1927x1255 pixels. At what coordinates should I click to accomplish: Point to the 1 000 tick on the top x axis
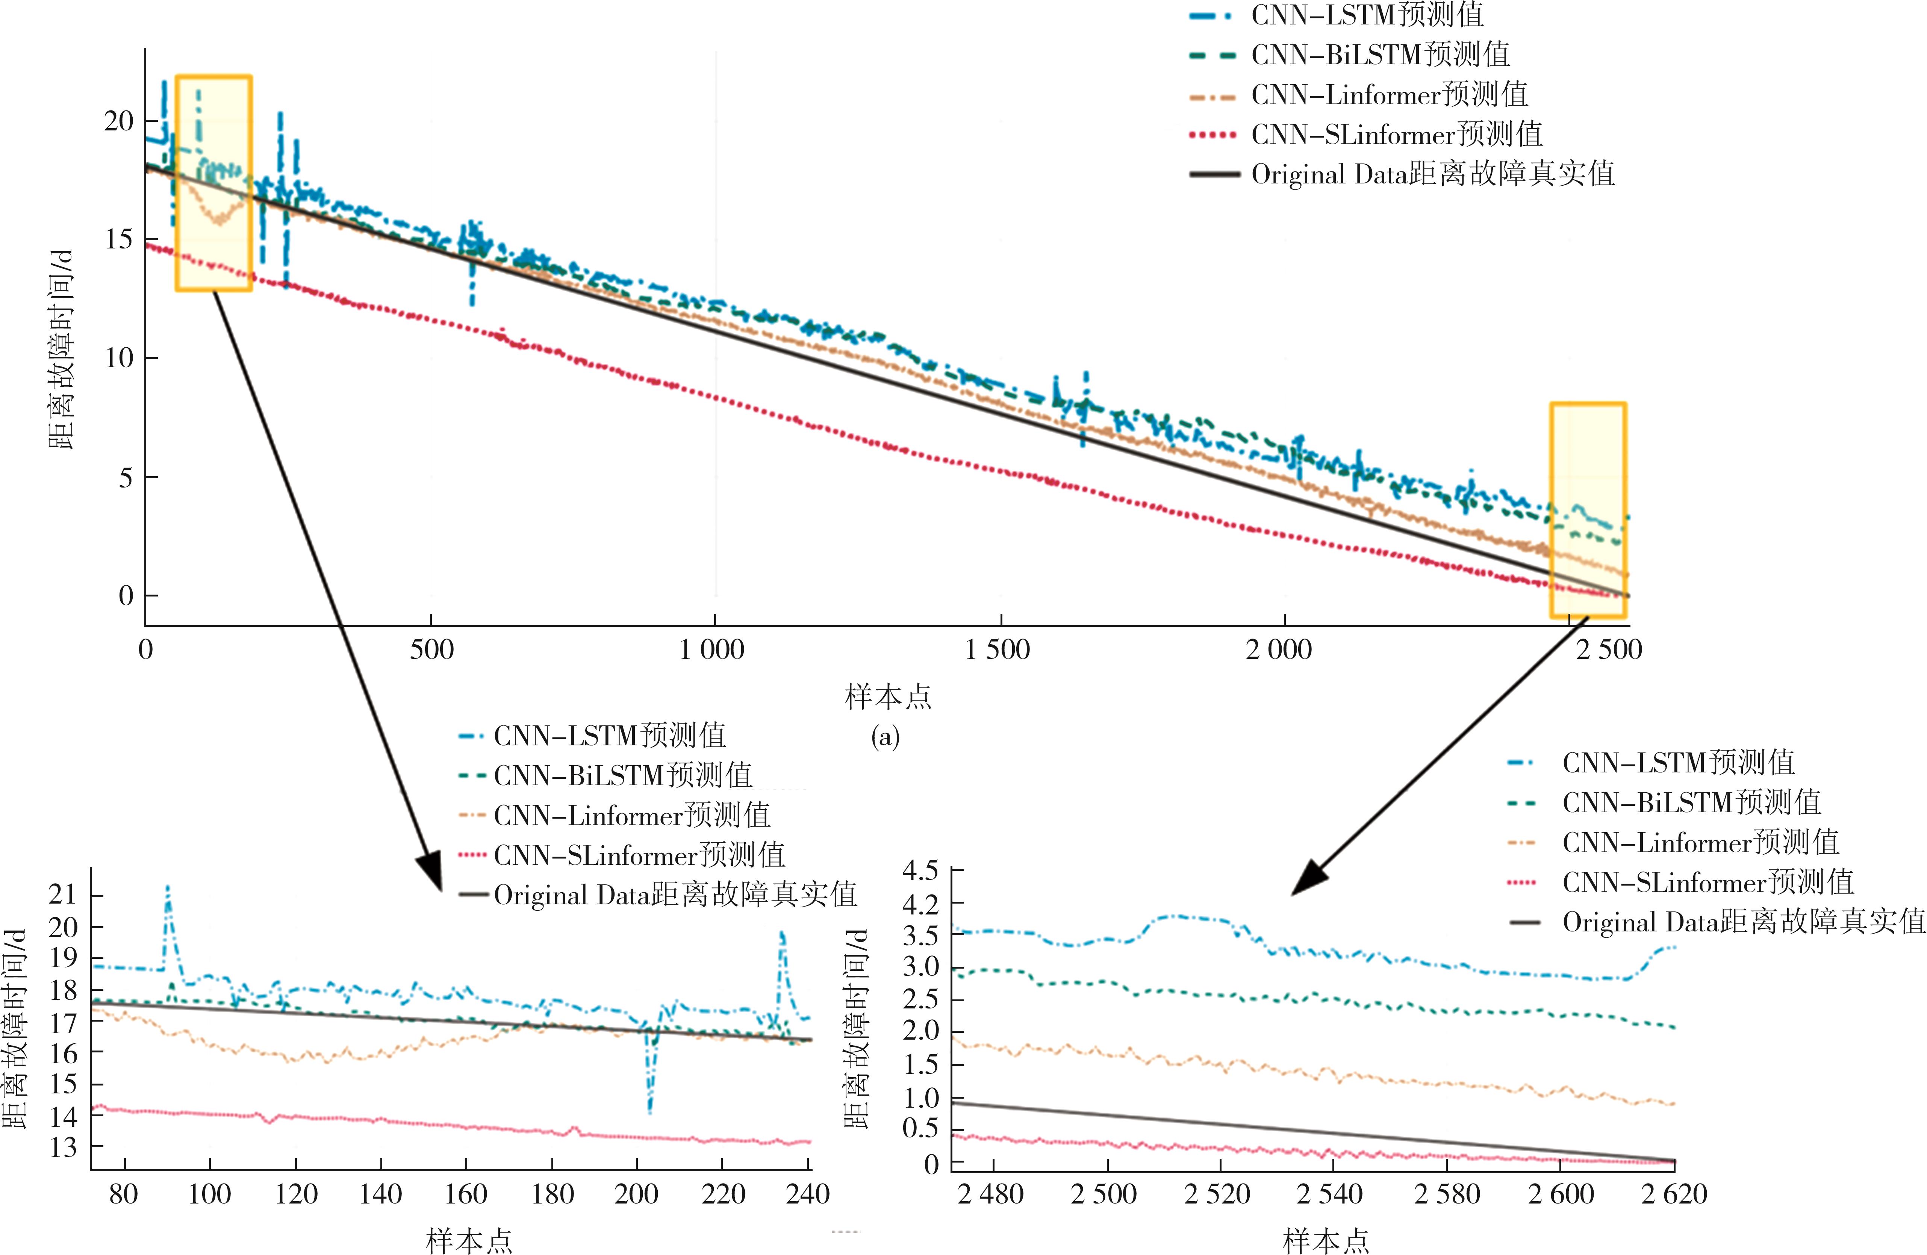click(713, 649)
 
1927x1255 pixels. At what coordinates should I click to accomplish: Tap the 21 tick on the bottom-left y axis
click(63, 895)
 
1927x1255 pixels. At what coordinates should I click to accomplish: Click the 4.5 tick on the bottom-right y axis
click(920, 871)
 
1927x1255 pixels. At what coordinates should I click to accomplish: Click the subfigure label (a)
click(885, 737)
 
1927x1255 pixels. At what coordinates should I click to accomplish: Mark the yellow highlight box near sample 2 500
click(1588, 510)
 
